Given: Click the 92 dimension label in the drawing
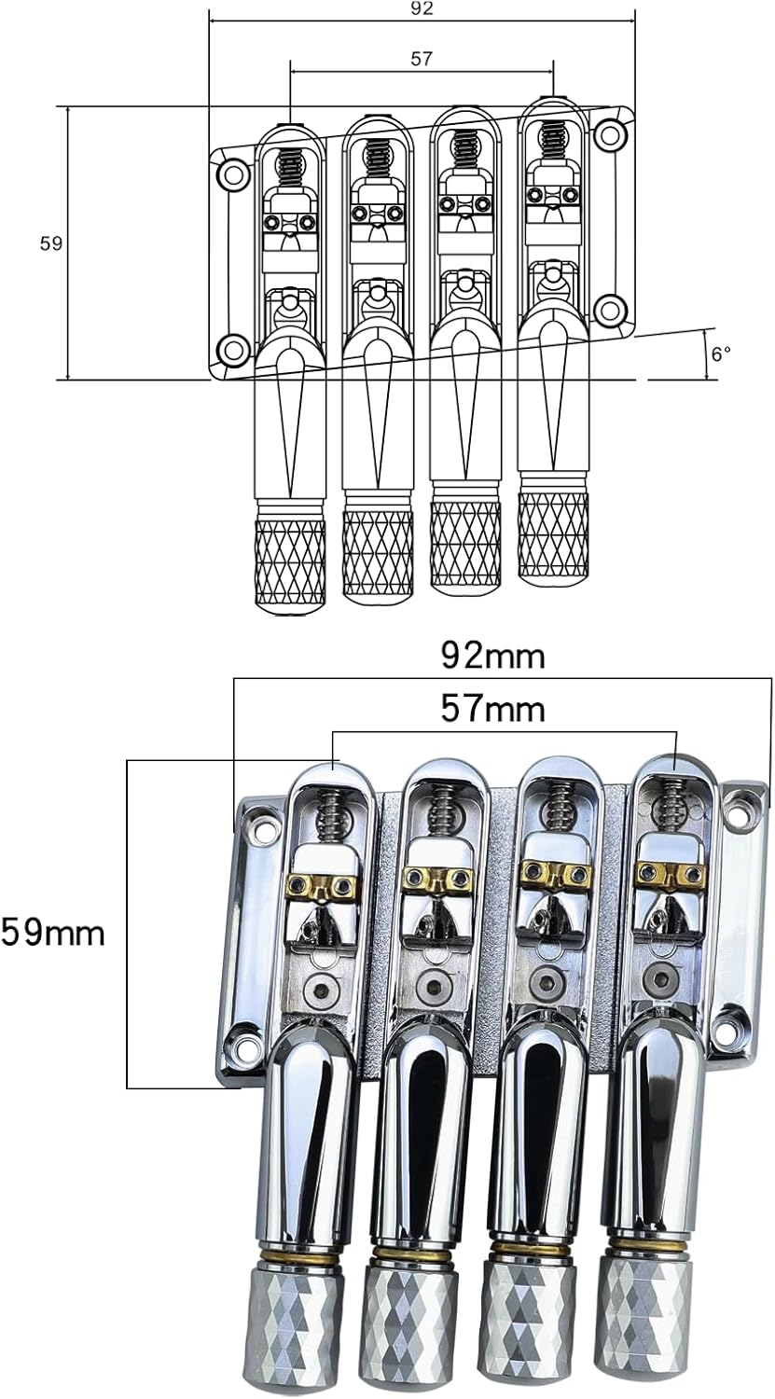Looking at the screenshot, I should [x=422, y=8].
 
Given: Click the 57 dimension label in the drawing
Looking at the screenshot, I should [x=422, y=59].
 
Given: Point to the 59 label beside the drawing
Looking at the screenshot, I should [x=51, y=243].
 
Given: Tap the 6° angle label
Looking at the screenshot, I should [x=721, y=354].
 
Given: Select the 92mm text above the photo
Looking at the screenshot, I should [x=492, y=657].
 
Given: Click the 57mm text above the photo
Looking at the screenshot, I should [x=492, y=710].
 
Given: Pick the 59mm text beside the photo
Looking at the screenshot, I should [x=53, y=932].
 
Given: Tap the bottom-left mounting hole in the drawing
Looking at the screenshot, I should [x=232, y=351].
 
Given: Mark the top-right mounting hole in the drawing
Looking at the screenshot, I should [x=610, y=134].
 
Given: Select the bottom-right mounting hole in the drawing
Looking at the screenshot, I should [x=610, y=311].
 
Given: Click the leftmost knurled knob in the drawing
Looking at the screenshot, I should [x=290, y=563].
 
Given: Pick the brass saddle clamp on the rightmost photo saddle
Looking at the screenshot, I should [x=671, y=874].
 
